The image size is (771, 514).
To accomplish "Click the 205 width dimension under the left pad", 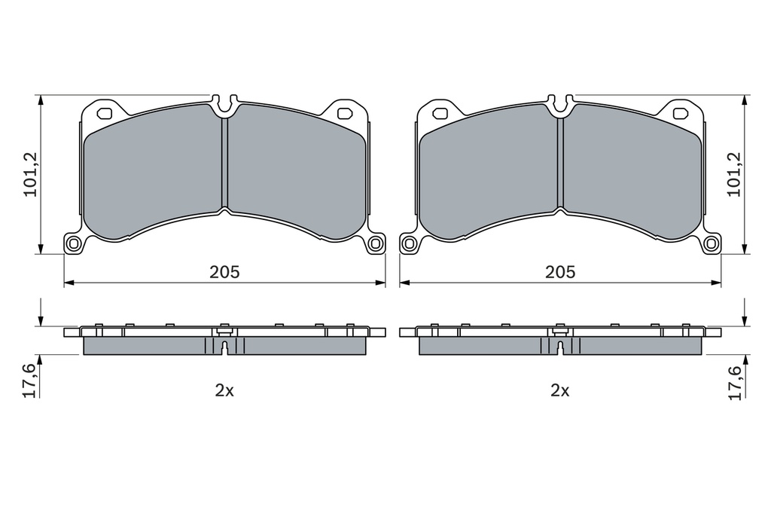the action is (x=224, y=272).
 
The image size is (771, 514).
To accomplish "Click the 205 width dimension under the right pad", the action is (x=560, y=272).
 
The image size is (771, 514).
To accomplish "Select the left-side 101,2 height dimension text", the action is (x=31, y=174).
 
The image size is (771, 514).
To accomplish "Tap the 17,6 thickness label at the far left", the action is (x=30, y=380).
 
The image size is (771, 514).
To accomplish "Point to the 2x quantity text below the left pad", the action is (x=224, y=391).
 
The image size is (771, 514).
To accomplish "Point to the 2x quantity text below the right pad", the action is (x=560, y=391).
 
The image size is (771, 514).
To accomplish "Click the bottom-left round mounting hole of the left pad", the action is (x=75, y=243).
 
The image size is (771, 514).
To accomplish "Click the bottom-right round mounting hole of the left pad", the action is (x=376, y=243).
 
